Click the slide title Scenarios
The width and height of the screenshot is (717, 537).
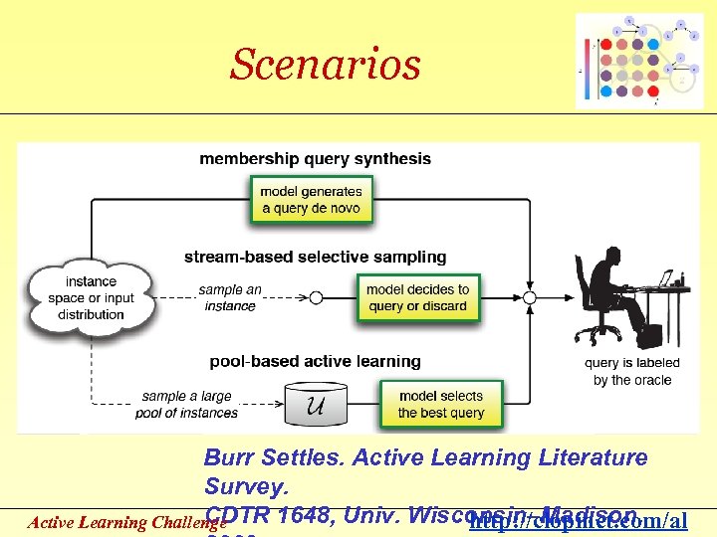326,65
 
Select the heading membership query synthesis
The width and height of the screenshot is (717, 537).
315,158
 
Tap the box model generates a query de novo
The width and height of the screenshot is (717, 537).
311,200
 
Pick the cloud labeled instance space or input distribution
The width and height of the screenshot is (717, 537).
91,297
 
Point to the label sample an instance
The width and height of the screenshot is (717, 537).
230,297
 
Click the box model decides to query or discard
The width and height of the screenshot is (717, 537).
417,297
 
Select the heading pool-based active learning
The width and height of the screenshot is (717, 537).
315,361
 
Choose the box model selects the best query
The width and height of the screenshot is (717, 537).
440,404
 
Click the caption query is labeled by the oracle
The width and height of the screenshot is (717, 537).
631,372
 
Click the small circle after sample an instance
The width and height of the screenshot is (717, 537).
317,297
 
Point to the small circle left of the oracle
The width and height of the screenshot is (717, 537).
530,297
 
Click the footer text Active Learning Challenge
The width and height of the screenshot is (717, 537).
112,522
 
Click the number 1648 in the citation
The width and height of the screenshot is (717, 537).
306,515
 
